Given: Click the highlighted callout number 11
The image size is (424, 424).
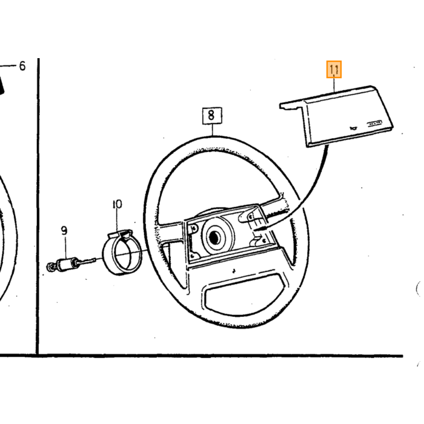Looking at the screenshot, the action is (x=334, y=70).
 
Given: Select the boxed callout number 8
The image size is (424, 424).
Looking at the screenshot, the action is (x=212, y=116).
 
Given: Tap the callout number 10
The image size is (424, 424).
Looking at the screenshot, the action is (x=118, y=205).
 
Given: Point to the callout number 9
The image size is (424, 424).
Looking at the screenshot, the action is (x=64, y=231).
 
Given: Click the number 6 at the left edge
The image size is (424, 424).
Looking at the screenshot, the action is (x=22, y=66).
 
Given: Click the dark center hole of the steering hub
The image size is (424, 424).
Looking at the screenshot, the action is (x=214, y=237).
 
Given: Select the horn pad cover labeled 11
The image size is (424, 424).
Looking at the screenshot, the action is (x=337, y=116).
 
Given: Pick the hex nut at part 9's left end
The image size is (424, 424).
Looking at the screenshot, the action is (x=50, y=267).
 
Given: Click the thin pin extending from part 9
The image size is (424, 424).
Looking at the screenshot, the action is (x=87, y=261).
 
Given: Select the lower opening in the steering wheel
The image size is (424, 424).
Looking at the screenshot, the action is (x=245, y=295).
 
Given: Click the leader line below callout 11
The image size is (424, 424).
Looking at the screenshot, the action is (x=334, y=85).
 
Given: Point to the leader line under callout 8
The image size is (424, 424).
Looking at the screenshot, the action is (x=213, y=130).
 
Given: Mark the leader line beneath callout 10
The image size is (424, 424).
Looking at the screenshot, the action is (x=118, y=220).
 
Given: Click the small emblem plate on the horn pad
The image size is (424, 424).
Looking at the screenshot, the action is (x=374, y=123).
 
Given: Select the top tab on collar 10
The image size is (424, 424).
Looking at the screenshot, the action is (x=120, y=234).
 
